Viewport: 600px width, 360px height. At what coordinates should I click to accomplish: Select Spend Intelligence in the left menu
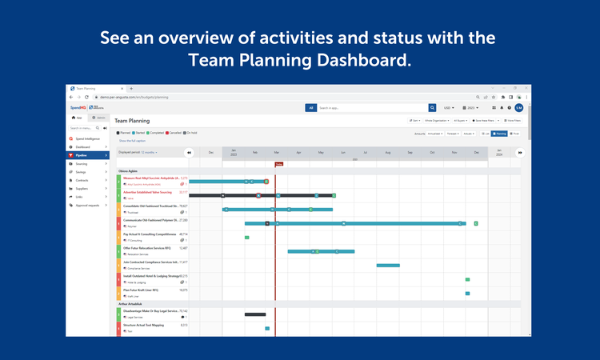(x=88, y=138)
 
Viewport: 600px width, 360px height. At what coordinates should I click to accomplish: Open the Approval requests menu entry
(x=88, y=205)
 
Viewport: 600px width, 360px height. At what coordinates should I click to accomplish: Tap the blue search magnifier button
(x=432, y=107)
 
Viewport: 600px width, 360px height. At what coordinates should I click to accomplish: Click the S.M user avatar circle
(x=518, y=107)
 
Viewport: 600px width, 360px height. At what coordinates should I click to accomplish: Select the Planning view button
(x=499, y=134)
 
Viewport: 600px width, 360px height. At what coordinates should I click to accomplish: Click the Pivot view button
(x=515, y=134)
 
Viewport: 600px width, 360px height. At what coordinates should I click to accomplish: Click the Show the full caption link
(x=133, y=141)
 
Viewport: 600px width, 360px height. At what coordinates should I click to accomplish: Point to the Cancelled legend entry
(x=174, y=133)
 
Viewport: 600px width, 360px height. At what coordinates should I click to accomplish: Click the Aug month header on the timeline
(x=387, y=152)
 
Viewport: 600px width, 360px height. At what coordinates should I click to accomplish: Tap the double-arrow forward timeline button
(x=519, y=152)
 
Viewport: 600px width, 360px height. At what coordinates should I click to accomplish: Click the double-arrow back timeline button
(x=189, y=152)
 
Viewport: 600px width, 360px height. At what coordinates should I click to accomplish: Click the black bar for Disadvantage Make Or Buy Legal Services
(x=255, y=314)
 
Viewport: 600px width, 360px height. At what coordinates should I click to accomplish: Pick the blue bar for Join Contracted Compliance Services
(x=388, y=265)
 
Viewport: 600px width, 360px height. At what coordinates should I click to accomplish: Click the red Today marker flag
(x=278, y=163)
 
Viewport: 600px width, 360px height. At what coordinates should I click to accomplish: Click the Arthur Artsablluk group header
(x=136, y=304)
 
